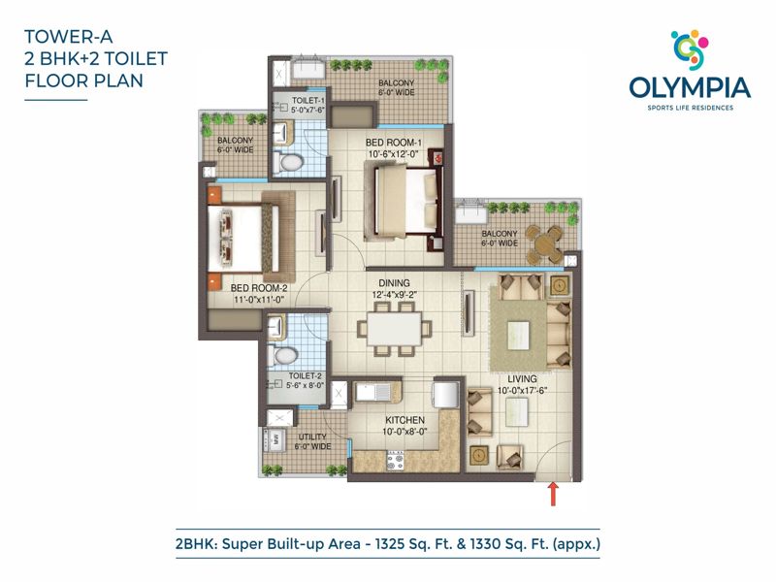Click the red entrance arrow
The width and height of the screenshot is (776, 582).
pyautogui.click(x=553, y=495)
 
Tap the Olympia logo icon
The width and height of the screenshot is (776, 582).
pyautogui.click(x=690, y=49)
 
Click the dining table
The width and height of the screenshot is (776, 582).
pyautogui.click(x=395, y=329)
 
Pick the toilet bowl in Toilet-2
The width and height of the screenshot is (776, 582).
pyautogui.click(x=282, y=355)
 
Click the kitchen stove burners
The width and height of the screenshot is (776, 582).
pyautogui.click(x=396, y=461)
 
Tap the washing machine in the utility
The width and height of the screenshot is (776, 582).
pyautogui.click(x=274, y=438)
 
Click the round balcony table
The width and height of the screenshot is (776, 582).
pyautogui.click(x=544, y=244)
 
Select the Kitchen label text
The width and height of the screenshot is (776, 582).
pyautogui.click(x=404, y=420)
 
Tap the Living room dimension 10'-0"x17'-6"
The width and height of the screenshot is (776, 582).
pyautogui.click(x=522, y=391)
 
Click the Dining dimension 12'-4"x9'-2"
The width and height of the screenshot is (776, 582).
pyautogui.click(x=395, y=295)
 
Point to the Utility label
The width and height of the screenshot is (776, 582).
pyautogui.click(x=312, y=436)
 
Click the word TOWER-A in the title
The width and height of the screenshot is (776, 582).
pyautogui.click(x=69, y=37)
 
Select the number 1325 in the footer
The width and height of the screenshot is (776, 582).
pyautogui.click(x=390, y=544)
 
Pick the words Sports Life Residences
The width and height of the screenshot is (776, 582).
pyautogui.click(x=691, y=108)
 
